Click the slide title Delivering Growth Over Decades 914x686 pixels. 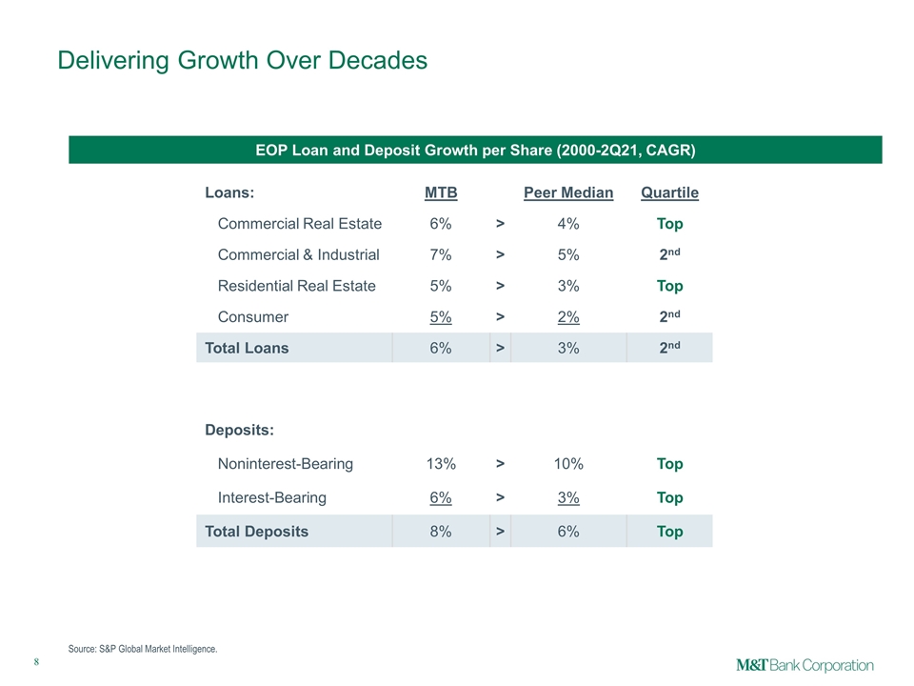click(x=243, y=60)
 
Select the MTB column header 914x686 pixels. click(x=441, y=192)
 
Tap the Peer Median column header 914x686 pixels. click(x=568, y=192)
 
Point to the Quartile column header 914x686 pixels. click(x=669, y=192)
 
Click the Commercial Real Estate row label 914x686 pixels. click(x=300, y=223)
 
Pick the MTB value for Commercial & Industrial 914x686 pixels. click(x=441, y=255)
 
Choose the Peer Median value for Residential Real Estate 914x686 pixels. click(x=568, y=286)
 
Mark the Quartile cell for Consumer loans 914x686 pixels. click(x=669, y=316)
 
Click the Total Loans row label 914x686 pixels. click(x=247, y=349)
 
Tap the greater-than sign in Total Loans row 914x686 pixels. click(x=500, y=349)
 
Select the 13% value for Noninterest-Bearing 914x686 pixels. click(x=441, y=464)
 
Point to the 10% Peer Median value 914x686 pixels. click(x=568, y=464)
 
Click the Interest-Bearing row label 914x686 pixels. click(x=271, y=497)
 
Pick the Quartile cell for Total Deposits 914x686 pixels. click(x=669, y=532)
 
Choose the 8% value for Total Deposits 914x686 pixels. click(x=441, y=532)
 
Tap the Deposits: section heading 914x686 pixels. click(x=239, y=430)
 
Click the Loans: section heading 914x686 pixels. click(x=229, y=192)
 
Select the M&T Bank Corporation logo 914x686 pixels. click(x=805, y=665)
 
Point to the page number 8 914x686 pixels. click(x=36, y=661)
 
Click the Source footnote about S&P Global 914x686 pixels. click(x=143, y=649)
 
